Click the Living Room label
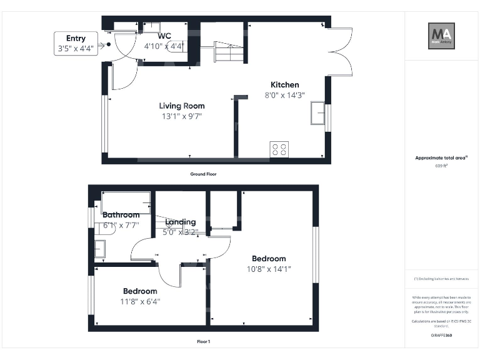(181, 106)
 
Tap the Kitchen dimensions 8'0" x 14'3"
(284, 96)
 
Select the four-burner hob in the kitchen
(279, 149)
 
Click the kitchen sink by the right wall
(317, 114)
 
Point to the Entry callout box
(76, 43)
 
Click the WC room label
(164, 36)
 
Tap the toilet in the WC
(176, 53)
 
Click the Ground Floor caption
(203, 174)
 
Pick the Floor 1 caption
(203, 342)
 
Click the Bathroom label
(121, 215)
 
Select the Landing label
(180, 222)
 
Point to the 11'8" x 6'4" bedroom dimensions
(141, 301)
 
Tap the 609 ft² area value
(441, 166)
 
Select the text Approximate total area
(441, 158)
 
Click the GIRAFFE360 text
(441, 336)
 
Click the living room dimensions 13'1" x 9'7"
(181, 116)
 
